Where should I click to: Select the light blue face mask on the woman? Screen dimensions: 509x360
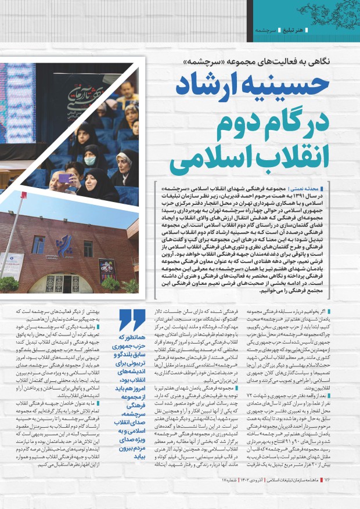click(89, 161)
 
